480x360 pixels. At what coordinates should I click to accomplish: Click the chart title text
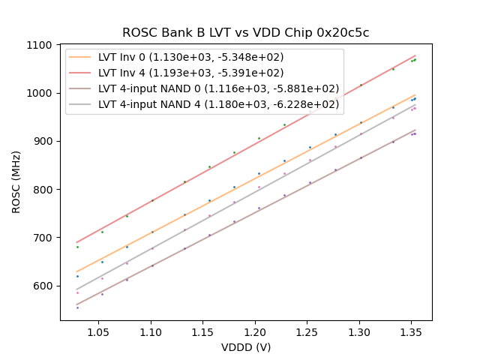coord(246,33)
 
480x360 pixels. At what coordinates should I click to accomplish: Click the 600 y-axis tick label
coord(43,286)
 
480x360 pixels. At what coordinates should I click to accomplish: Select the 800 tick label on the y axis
coord(43,190)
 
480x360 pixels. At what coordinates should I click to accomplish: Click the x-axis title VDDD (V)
coord(246,347)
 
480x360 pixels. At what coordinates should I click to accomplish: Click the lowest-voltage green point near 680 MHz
coord(77,247)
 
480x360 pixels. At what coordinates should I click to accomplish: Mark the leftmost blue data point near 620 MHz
coord(77,276)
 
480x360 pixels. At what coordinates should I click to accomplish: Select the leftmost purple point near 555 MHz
coord(77,307)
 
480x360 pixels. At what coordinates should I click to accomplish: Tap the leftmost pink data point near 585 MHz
coord(77,292)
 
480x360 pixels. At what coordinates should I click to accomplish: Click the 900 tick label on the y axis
coord(43,142)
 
